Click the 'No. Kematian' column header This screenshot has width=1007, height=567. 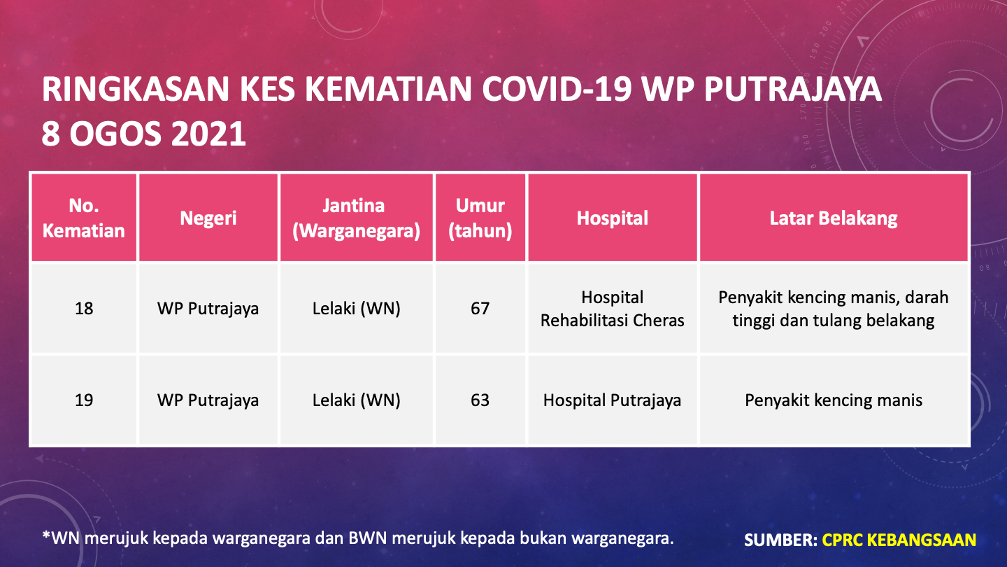(x=84, y=218)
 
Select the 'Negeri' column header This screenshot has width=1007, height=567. (x=208, y=218)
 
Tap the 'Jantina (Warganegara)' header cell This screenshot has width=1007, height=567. (x=356, y=218)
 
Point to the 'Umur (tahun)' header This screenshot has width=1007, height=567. (x=480, y=218)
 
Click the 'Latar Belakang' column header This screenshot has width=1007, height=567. (x=834, y=218)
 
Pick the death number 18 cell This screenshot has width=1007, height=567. (x=84, y=309)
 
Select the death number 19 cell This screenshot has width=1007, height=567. (x=84, y=400)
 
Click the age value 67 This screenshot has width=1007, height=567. (x=480, y=309)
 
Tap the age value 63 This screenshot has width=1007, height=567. (x=480, y=400)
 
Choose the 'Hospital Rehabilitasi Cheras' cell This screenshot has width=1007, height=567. (x=613, y=309)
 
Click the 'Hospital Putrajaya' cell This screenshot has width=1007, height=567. (x=613, y=400)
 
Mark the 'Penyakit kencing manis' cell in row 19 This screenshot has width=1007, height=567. (x=834, y=400)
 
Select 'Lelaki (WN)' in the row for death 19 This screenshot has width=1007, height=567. (x=356, y=400)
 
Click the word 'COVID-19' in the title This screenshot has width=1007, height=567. (x=557, y=89)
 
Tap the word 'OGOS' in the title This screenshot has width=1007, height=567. (x=115, y=134)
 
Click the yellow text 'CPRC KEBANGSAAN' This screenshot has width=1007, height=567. (x=899, y=540)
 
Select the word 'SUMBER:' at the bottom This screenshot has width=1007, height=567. (x=780, y=540)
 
